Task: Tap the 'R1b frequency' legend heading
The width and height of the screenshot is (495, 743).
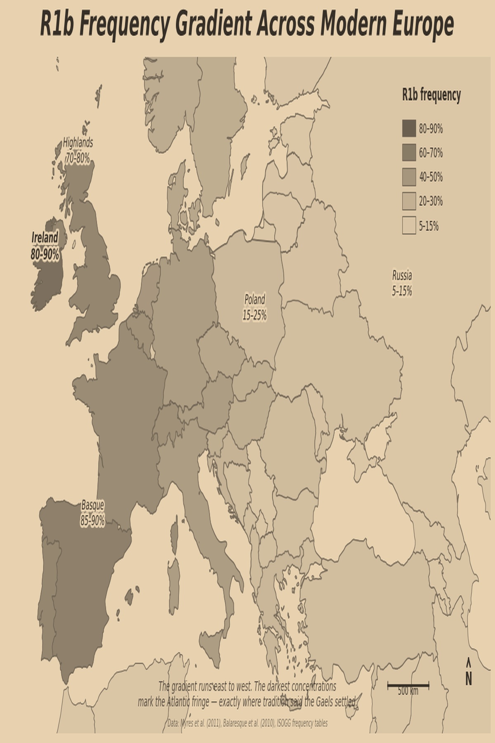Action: click(x=431, y=95)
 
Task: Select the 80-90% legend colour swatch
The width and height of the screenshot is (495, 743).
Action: click(x=409, y=128)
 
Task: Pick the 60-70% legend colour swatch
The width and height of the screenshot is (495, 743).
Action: click(x=409, y=153)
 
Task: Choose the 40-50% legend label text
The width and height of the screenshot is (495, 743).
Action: click(x=431, y=177)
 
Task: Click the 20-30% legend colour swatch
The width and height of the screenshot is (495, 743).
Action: click(x=409, y=201)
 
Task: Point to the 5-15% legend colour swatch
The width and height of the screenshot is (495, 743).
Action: click(x=409, y=226)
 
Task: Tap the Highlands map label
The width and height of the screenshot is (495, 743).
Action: click(x=78, y=143)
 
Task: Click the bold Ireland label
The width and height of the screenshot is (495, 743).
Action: click(x=45, y=238)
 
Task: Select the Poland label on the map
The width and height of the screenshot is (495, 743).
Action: click(x=255, y=299)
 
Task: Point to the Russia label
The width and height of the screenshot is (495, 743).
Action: click(x=402, y=275)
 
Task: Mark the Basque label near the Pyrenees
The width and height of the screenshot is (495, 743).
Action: click(x=92, y=505)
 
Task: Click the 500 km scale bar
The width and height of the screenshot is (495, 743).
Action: click(x=408, y=686)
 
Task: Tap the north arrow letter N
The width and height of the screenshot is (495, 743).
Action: click(x=469, y=679)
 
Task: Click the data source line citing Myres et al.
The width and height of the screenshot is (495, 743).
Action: click(x=247, y=723)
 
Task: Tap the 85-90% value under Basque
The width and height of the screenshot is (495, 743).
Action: click(x=92, y=521)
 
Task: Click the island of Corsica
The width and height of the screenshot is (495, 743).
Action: click(x=174, y=532)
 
